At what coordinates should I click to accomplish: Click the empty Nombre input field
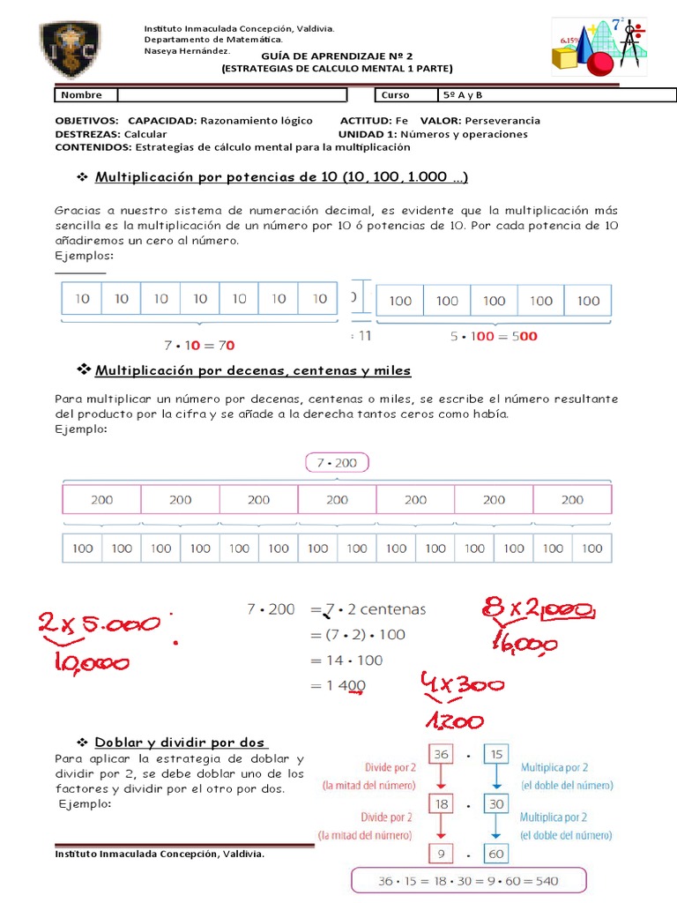pos(231,95)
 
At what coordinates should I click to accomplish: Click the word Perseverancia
pos(502,120)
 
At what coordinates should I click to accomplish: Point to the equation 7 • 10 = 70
pos(199,346)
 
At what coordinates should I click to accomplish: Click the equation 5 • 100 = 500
pos(493,336)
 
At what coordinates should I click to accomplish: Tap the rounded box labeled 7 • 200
pos(337,463)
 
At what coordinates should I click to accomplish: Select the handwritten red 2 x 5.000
pos(100,625)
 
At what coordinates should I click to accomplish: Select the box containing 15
pos(496,755)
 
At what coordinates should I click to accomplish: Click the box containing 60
pos(496,854)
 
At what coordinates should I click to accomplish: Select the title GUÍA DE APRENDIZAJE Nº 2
pos(336,55)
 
